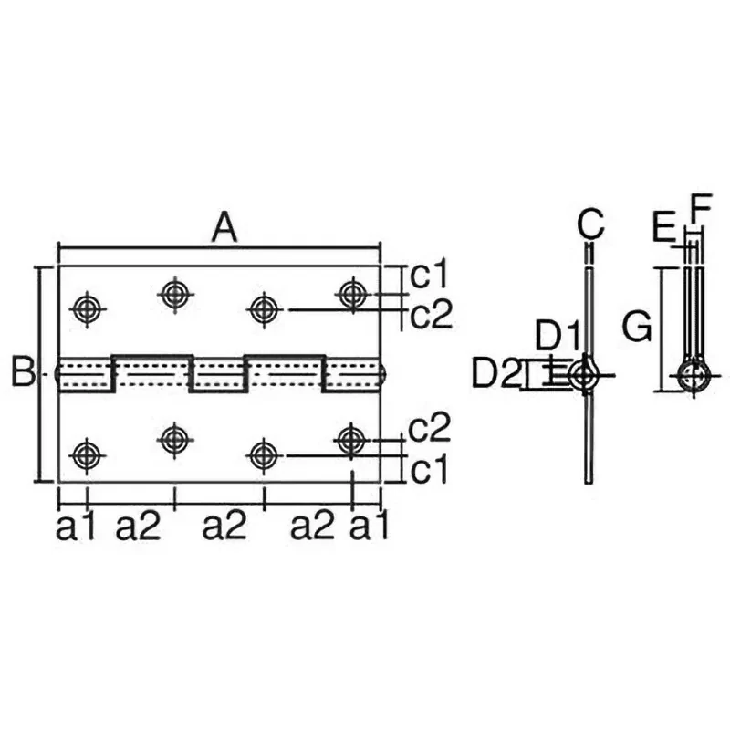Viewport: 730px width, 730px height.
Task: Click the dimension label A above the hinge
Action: pyautogui.click(x=224, y=227)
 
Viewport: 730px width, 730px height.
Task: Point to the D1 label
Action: pyautogui.click(x=558, y=335)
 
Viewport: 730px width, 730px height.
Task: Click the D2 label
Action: pyautogui.click(x=495, y=372)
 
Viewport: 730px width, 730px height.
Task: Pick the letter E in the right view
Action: pyautogui.click(x=664, y=227)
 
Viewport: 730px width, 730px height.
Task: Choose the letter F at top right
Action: pyautogui.click(x=701, y=208)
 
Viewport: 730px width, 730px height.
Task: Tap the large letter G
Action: pyautogui.click(x=637, y=327)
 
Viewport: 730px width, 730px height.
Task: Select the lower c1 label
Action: pyautogui.click(x=428, y=469)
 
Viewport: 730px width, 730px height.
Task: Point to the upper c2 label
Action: pyautogui.click(x=431, y=314)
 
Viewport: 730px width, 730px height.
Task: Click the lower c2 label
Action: pyautogui.click(x=429, y=427)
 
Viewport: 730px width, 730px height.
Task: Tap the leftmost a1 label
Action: pyautogui.click(x=75, y=527)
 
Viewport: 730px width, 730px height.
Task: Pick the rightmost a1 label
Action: pyautogui.click(x=369, y=527)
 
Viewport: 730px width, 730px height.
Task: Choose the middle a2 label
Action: pyautogui.click(x=224, y=527)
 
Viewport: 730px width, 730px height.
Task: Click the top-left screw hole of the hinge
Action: pyautogui.click(x=87, y=308)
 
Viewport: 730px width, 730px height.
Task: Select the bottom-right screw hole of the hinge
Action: pyautogui.click(x=351, y=440)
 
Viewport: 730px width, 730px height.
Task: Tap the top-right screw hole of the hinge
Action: pyautogui.click(x=352, y=294)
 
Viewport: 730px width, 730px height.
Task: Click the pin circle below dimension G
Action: pyautogui.click(x=694, y=375)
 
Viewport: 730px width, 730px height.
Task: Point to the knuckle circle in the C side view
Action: pyautogui.click(x=582, y=375)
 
